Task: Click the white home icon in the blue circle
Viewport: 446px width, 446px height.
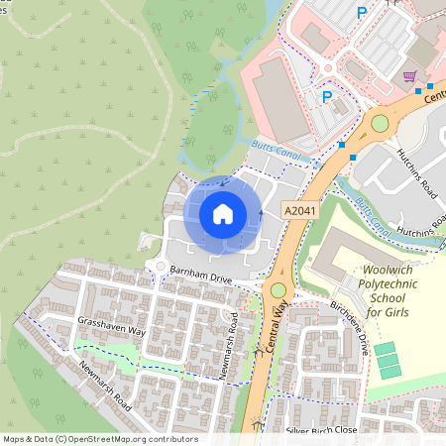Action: pyautogui.click(x=223, y=214)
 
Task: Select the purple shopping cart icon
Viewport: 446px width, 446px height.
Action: pyautogui.click(x=408, y=75)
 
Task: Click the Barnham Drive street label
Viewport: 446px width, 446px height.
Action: pyautogui.click(x=200, y=276)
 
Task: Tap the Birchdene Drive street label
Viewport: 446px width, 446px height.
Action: pyautogui.click(x=349, y=330)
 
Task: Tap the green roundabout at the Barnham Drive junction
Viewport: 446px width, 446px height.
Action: pyautogui.click(x=278, y=290)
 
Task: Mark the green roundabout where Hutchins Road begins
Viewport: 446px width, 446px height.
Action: pyautogui.click(x=380, y=123)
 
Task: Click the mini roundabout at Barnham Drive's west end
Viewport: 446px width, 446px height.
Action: pyautogui.click(x=158, y=266)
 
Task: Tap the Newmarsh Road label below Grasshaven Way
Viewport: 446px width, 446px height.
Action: pyautogui.click(x=93, y=384)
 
